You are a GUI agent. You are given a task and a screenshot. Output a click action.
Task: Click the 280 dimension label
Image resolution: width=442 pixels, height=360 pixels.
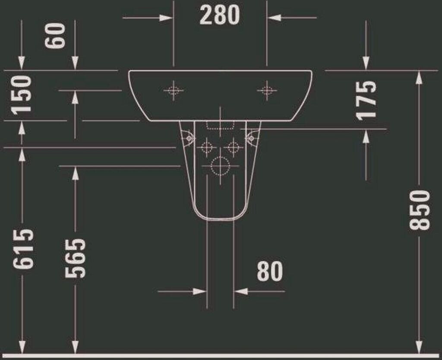pyautogui.click(x=220, y=15)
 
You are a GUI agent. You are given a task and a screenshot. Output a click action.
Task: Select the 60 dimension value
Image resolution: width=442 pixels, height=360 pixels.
pyautogui.click(x=55, y=36)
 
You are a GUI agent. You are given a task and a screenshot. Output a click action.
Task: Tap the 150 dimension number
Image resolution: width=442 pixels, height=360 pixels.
pyautogui.click(x=21, y=95)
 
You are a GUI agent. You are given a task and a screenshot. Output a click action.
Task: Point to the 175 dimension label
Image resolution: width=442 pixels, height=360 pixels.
pyautogui.click(x=366, y=101)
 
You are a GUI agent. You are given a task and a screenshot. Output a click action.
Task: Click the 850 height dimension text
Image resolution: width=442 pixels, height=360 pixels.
pyautogui.click(x=420, y=210)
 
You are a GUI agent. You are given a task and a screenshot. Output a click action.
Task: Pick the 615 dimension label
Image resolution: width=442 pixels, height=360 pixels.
pyautogui.click(x=23, y=248)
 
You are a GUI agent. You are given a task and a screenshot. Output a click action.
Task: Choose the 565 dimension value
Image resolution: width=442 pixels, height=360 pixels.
pyautogui.click(x=75, y=259)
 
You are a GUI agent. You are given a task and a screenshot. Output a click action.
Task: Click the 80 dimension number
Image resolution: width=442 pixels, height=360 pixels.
pyautogui.click(x=269, y=271)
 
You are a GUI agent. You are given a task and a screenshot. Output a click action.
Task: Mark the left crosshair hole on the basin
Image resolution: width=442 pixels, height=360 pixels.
pyautogui.click(x=174, y=91)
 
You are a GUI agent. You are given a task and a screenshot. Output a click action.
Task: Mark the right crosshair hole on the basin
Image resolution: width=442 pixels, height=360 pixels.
pyautogui.click(x=267, y=91)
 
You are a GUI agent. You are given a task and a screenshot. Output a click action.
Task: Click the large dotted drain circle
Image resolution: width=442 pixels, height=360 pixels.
pyautogui.click(x=221, y=166)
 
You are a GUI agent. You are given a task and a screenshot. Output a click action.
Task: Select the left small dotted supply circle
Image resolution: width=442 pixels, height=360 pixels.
pyautogui.click(x=207, y=147)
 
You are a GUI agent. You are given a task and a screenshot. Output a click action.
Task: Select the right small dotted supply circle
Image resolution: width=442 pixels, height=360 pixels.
pyautogui.click(x=234, y=147)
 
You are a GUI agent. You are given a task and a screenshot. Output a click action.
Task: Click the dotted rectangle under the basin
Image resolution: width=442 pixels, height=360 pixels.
pyautogui.click(x=220, y=126)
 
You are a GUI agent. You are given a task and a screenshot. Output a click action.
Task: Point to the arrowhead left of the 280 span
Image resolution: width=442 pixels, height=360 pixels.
pyautogui.click(x=166, y=18)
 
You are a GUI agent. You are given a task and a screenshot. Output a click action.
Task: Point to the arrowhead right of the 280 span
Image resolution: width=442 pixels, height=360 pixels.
pyautogui.click(x=274, y=18)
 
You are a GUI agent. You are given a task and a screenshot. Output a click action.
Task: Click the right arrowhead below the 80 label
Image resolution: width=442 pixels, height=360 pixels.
pyautogui.click(x=241, y=291)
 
